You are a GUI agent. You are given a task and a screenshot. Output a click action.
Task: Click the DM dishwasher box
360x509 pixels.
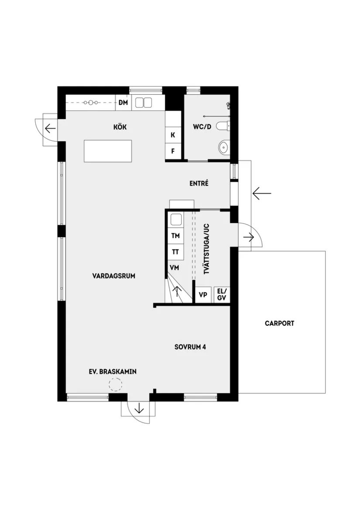[x=123, y=103]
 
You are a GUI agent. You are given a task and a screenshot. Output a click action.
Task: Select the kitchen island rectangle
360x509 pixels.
[x=108, y=151]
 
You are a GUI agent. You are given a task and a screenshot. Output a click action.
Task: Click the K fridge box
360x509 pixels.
[x=173, y=135]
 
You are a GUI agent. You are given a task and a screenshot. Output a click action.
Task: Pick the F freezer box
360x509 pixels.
[x=173, y=151]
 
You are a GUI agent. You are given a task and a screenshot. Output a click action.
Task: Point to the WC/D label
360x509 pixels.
[x=202, y=127]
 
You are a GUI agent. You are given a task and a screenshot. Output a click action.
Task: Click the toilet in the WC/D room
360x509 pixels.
[x=223, y=127]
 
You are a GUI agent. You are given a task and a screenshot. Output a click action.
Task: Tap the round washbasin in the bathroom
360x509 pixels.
[x=224, y=148]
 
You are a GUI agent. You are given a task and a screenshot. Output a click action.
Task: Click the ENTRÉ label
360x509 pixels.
[x=199, y=183]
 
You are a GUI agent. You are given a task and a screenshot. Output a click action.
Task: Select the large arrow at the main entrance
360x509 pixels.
[x=262, y=193]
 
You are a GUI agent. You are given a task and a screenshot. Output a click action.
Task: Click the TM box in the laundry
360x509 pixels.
[x=176, y=236]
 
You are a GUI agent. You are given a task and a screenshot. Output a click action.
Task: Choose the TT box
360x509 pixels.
[x=176, y=252]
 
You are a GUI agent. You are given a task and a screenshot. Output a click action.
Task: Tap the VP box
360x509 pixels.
[x=203, y=295]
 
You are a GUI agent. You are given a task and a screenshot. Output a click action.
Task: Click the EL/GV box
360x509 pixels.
[x=221, y=294]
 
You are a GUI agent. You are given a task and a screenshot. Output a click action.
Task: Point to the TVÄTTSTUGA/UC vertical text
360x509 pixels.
[x=206, y=249]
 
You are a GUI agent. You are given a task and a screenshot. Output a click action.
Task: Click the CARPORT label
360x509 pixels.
[x=279, y=323]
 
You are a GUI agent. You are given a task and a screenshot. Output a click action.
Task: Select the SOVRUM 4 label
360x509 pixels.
[x=190, y=347]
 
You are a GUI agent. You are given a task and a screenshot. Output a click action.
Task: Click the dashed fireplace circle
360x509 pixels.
[x=115, y=385]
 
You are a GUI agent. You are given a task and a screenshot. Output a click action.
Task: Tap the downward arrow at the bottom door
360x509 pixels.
[x=139, y=409]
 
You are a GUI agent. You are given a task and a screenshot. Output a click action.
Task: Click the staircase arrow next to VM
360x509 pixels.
[x=177, y=291]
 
